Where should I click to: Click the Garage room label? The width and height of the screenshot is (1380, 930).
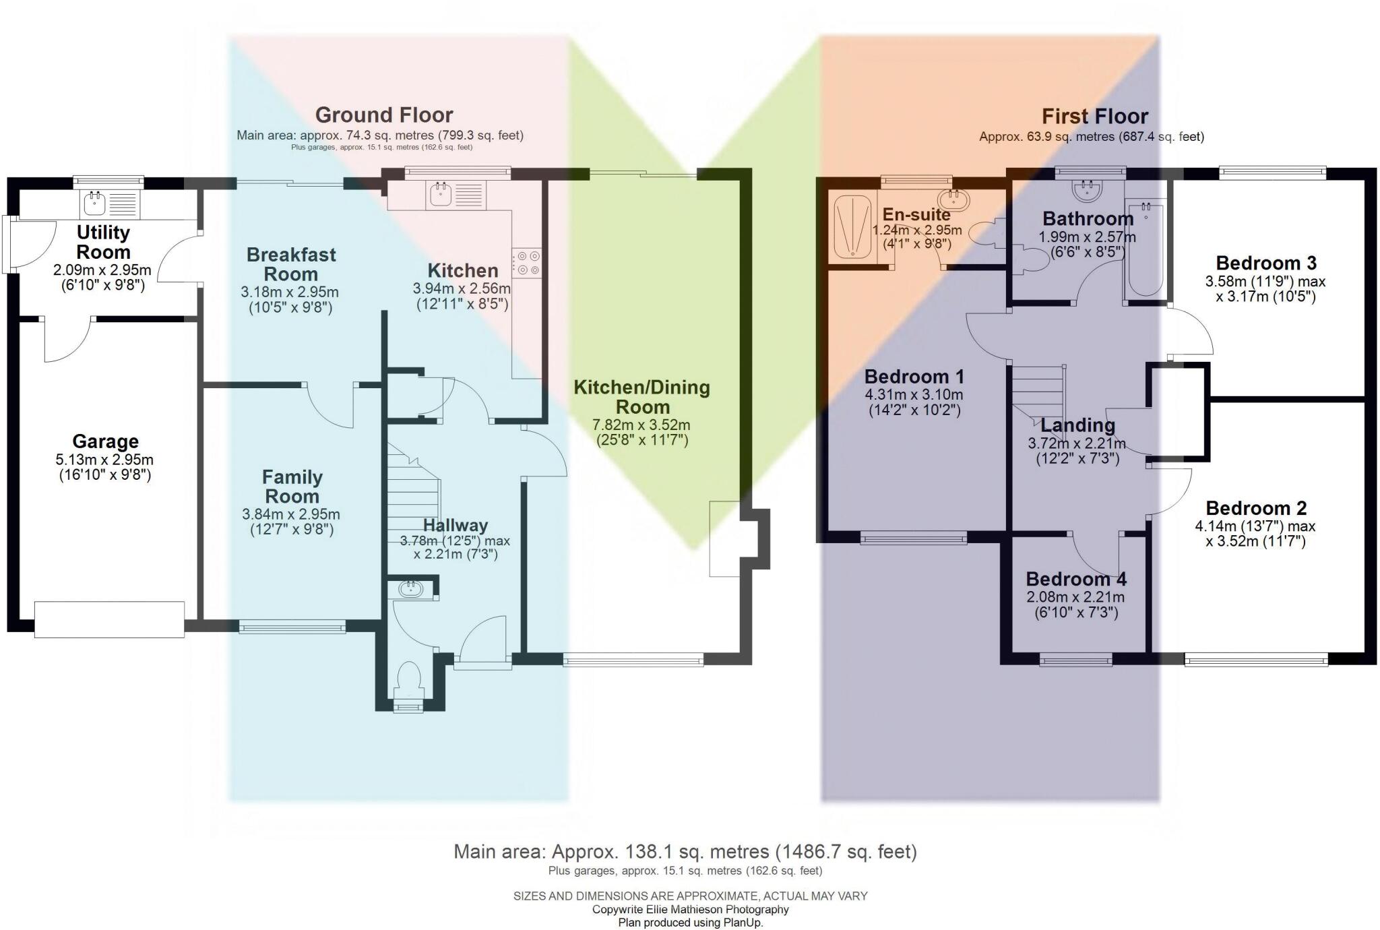[x=105, y=442]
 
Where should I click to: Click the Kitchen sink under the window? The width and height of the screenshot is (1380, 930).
[x=440, y=194]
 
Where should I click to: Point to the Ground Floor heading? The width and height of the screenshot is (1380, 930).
[x=384, y=115]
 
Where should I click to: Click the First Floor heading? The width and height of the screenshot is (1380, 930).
[x=1094, y=117]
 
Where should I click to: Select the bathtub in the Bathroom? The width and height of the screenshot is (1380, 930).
[x=1145, y=249]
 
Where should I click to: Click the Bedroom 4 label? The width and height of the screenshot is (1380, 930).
[x=1075, y=580]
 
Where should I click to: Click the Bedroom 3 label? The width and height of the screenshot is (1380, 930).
[x=1265, y=263]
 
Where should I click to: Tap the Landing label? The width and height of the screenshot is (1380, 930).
[x=1077, y=426]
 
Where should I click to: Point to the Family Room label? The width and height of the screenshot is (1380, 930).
[x=292, y=487]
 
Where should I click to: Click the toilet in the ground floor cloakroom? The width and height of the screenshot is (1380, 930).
[x=410, y=679]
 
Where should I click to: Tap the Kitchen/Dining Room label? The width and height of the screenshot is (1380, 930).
[x=641, y=397]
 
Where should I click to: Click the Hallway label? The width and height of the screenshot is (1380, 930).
[x=455, y=526]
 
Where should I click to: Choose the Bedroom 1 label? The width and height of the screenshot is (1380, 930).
[x=914, y=377]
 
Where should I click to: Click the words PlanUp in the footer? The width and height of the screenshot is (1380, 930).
[x=743, y=923]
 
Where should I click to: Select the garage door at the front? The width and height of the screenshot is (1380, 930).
[x=109, y=619]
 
